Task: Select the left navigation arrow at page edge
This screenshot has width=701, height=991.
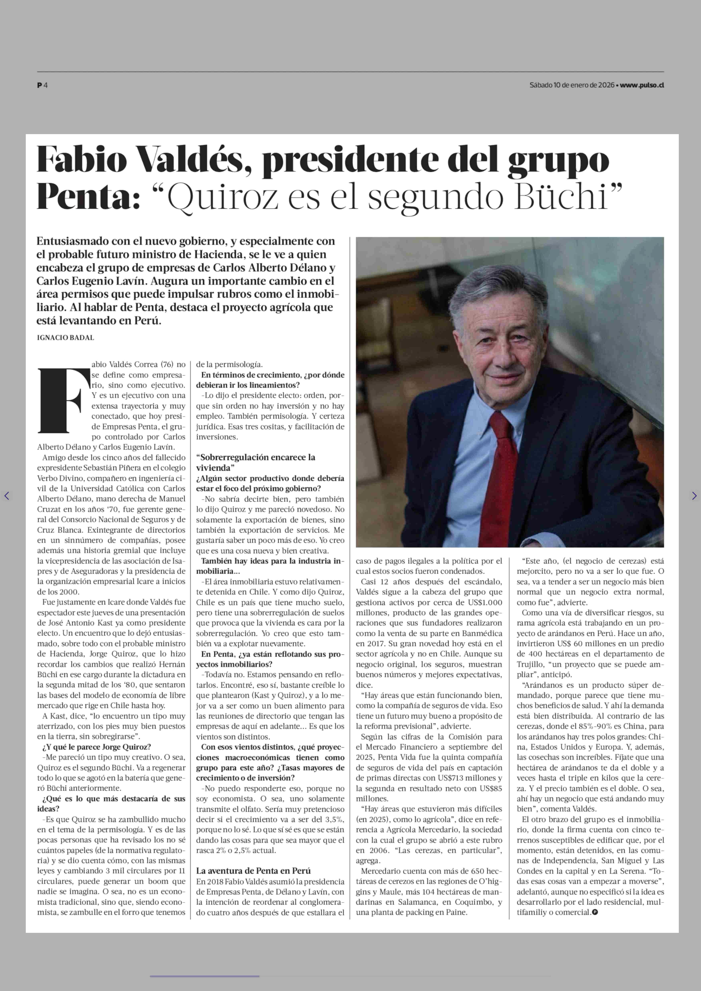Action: tap(6, 496)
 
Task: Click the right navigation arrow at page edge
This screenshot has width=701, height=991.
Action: tap(694, 496)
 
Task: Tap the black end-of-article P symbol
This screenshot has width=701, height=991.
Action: tap(595, 912)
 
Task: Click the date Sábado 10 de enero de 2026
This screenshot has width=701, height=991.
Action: tap(572, 85)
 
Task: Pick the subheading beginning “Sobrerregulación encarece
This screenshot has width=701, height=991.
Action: tap(256, 462)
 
